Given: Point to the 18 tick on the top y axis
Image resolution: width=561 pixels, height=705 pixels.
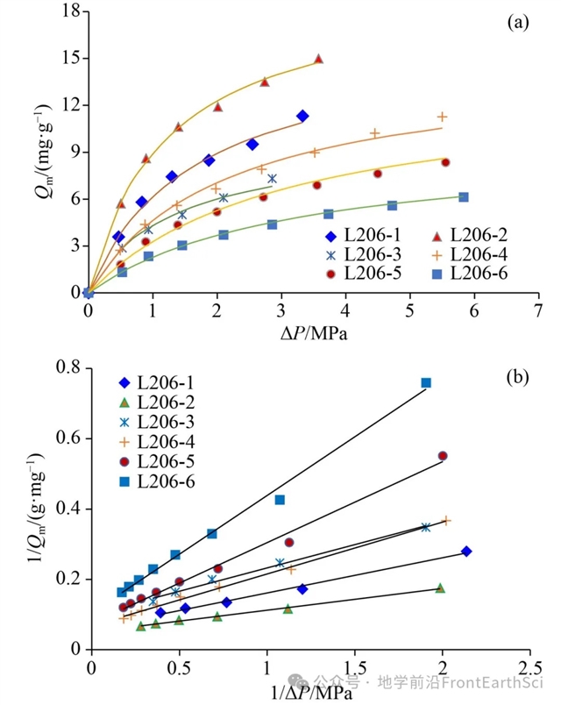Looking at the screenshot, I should click(x=70, y=11).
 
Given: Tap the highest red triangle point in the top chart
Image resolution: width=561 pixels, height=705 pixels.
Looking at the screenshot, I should click(x=318, y=59).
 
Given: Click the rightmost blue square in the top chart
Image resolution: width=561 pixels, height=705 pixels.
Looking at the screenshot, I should click(x=464, y=197).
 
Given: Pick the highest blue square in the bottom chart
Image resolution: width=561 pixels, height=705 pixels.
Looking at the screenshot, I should click(x=426, y=382).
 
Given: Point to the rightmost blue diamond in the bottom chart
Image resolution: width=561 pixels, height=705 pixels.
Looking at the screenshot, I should click(x=466, y=552).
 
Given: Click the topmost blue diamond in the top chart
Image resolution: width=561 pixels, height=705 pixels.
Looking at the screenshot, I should click(x=302, y=116).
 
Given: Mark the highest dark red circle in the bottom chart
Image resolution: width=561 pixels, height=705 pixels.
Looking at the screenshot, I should click(x=442, y=456).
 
